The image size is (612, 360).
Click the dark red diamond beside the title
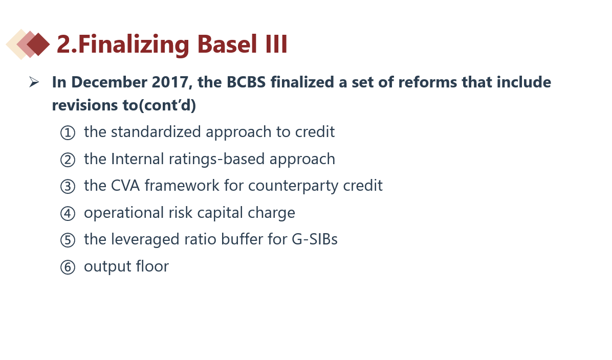38,44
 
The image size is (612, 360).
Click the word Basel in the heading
227,44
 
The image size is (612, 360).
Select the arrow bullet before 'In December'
34,82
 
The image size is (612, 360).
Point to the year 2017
172,82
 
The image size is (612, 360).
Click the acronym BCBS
246,82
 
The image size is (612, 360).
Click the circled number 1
68,132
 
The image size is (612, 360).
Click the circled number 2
68,160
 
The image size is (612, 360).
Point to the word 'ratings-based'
216,159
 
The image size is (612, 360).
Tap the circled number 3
68,187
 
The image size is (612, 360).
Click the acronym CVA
125,186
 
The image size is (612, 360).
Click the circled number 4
68,213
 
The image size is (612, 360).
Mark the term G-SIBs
315,239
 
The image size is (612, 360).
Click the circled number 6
68,267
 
